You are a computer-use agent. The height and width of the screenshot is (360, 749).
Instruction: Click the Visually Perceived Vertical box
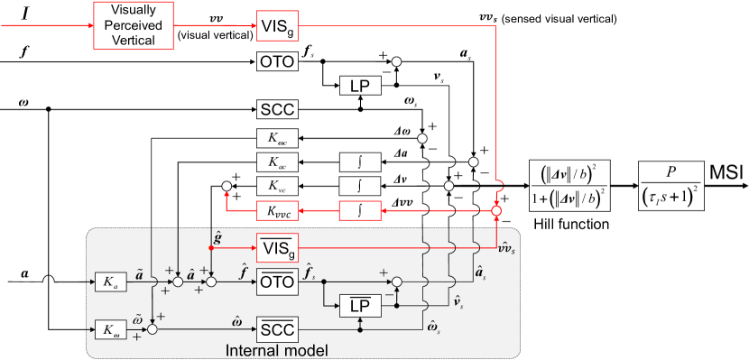[x=134, y=25]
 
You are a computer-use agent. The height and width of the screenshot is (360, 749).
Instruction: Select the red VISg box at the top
[x=277, y=25]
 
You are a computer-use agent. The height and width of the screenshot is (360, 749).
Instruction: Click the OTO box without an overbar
[x=277, y=62]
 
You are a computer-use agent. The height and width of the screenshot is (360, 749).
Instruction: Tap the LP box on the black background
[x=360, y=86]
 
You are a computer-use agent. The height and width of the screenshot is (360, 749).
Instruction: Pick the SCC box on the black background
[x=277, y=109]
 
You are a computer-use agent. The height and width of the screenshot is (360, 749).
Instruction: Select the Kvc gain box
[x=277, y=186]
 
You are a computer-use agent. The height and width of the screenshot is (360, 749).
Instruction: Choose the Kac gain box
[x=277, y=162]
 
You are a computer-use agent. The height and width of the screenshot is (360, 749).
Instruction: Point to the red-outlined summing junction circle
[x=496, y=210]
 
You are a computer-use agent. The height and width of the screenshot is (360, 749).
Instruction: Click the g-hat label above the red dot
[x=217, y=237]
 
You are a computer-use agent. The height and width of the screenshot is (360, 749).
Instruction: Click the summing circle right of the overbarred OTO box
[x=398, y=282]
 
